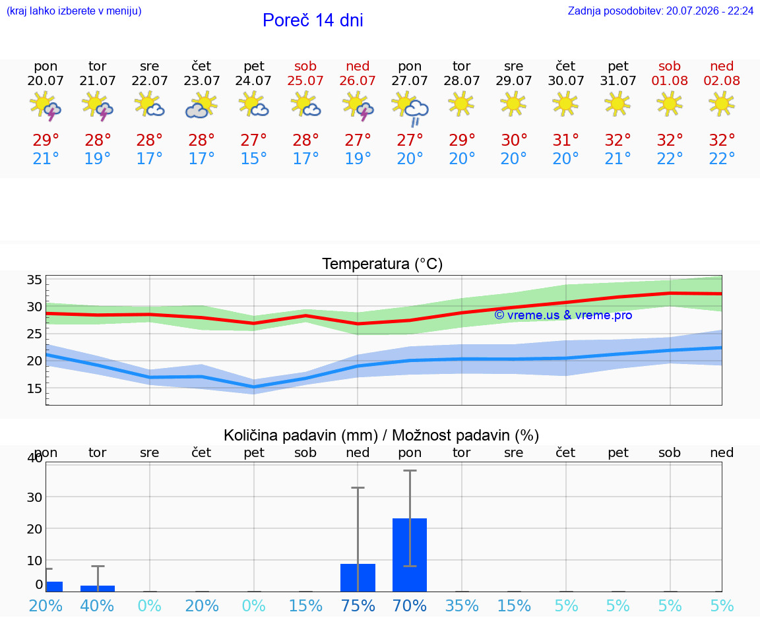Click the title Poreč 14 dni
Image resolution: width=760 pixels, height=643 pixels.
point(313,20)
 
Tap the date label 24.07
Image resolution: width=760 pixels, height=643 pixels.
point(253,81)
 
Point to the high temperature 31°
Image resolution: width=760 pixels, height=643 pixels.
point(565,140)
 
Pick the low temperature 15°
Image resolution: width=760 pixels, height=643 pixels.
point(253,159)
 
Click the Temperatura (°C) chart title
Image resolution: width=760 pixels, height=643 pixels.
point(383,264)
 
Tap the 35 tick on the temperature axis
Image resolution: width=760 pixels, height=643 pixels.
point(34,280)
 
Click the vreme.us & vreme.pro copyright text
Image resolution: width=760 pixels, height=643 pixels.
point(563,315)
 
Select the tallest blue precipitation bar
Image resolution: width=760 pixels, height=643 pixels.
point(410,555)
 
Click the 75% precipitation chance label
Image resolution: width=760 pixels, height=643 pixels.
point(358,606)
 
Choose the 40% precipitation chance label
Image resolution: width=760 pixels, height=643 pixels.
point(98,606)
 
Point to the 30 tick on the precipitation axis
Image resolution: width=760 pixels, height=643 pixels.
point(34,497)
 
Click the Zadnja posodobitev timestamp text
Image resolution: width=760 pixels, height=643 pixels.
point(660,11)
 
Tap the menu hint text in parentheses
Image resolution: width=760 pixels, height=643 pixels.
point(74,11)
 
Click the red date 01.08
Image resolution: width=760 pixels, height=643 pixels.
point(670,81)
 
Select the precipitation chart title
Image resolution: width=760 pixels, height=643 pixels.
point(381,436)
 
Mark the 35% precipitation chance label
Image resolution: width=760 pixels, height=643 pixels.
point(462,606)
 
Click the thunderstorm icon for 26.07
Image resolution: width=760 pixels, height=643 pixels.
point(358,106)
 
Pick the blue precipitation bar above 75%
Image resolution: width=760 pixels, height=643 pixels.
point(358,578)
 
